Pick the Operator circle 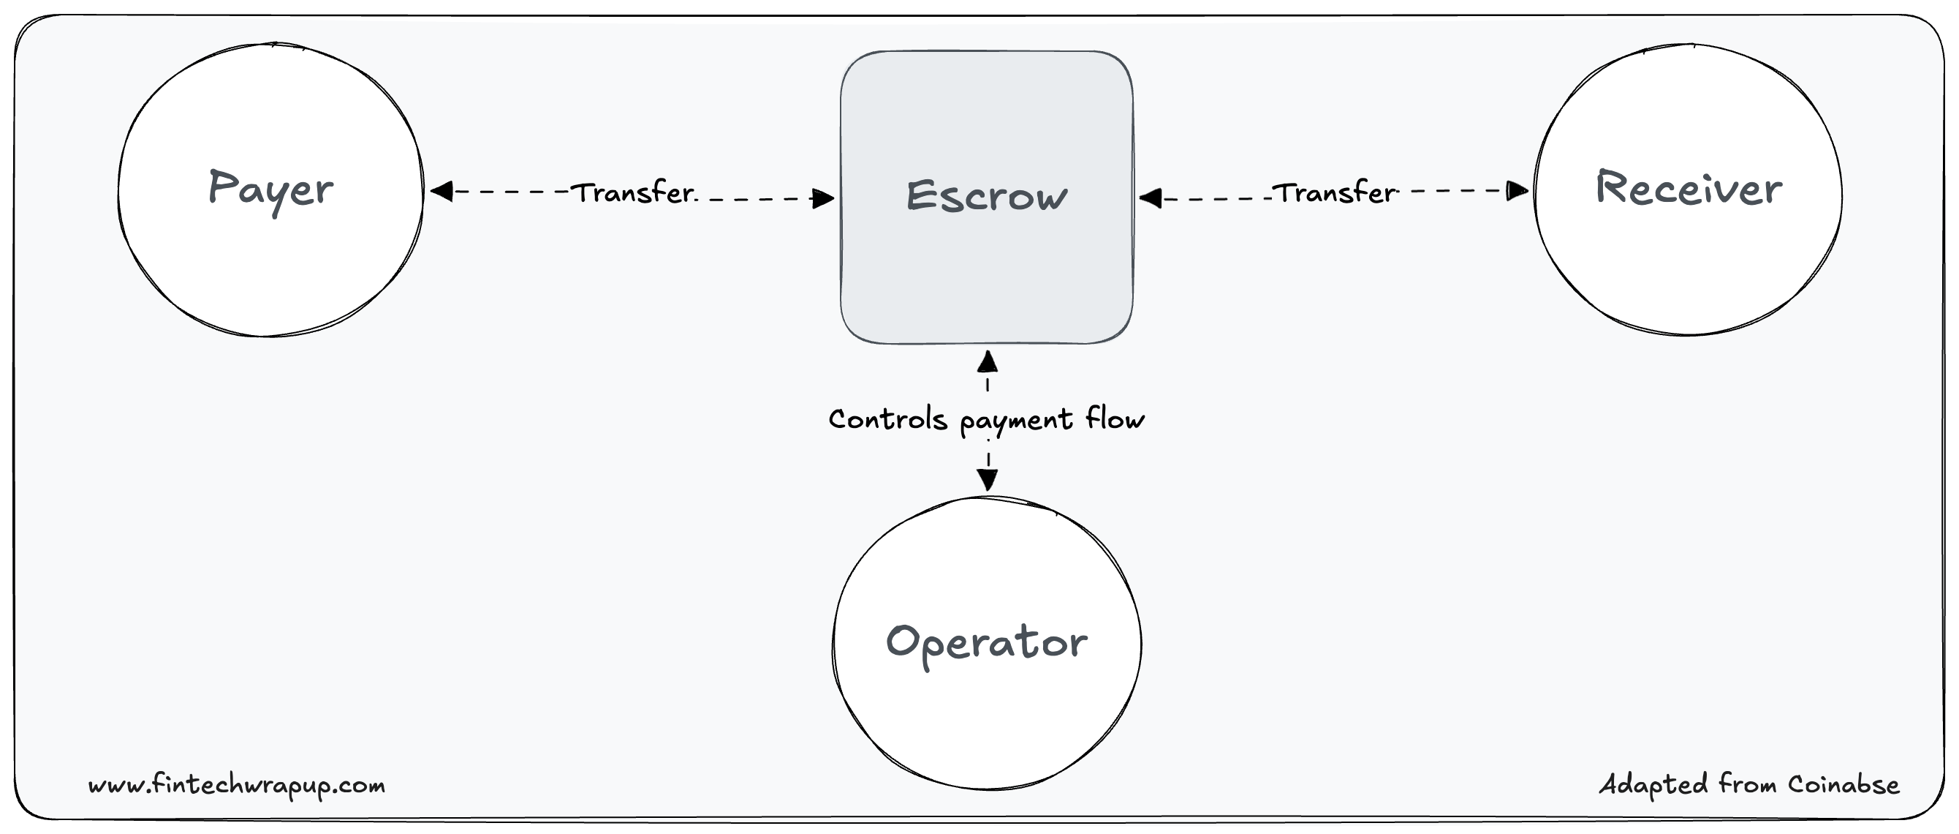click(987, 723)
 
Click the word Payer click(270, 189)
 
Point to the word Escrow click(986, 195)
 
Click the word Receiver click(1689, 189)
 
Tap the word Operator click(986, 643)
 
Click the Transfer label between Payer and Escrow click(633, 193)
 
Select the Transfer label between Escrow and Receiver click(1335, 193)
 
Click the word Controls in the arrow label click(887, 419)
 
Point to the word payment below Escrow click(1016, 421)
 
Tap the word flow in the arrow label click(1115, 418)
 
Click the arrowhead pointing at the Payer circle click(442, 191)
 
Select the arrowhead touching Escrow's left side click(824, 198)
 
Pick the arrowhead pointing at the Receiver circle click(1517, 190)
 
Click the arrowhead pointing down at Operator click(987, 479)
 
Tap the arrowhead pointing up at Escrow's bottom click(987, 361)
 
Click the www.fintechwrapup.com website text click(237, 784)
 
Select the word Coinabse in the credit click(1844, 784)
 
